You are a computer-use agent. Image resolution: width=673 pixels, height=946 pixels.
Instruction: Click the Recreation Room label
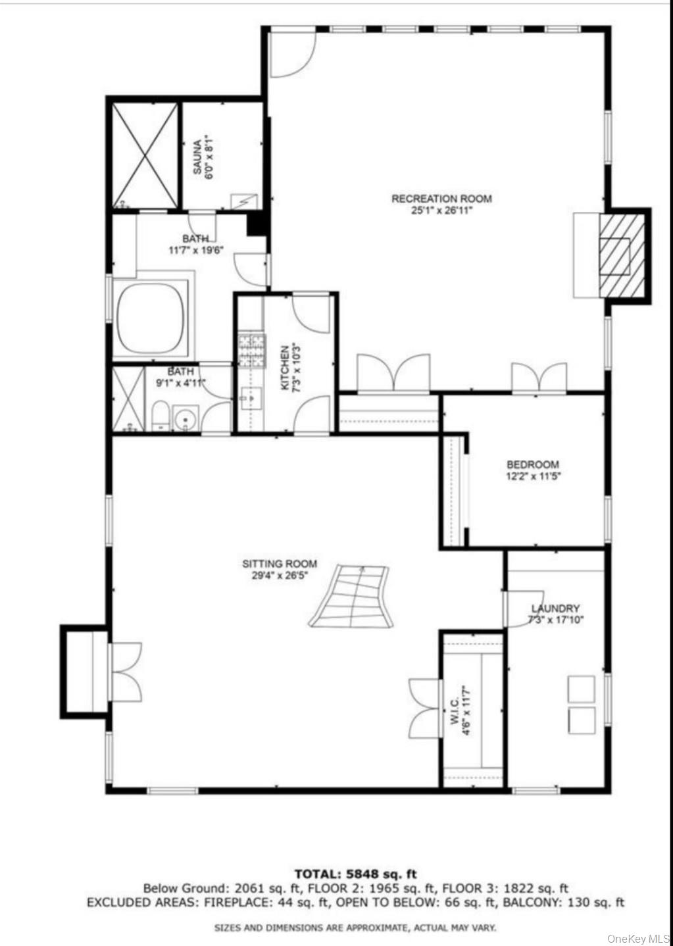(441, 199)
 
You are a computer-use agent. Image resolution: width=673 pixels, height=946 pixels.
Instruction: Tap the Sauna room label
(197, 155)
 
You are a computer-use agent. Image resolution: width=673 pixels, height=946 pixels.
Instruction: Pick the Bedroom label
(532, 464)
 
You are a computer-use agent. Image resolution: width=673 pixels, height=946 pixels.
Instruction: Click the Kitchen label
(284, 368)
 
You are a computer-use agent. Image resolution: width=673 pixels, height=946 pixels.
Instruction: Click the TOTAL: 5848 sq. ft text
(355, 874)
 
